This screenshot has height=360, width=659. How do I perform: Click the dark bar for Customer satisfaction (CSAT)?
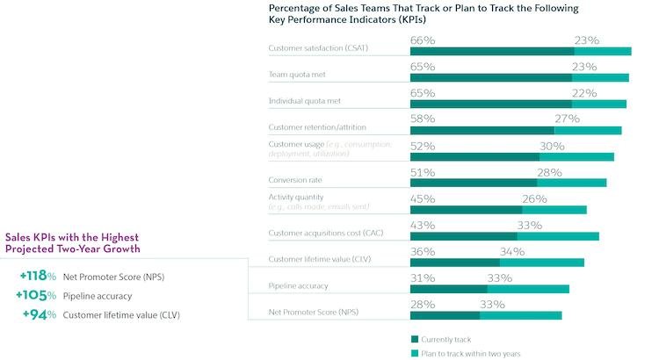tap(492, 51)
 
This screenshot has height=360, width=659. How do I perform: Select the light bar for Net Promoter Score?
tap(520, 315)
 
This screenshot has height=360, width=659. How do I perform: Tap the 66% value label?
tap(423, 40)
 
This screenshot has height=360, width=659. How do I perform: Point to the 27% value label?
tap(567, 118)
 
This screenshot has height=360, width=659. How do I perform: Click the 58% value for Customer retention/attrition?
tap(423, 118)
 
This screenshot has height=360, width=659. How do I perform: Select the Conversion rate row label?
tap(294, 179)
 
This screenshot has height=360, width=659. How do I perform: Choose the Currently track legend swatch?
tap(415, 338)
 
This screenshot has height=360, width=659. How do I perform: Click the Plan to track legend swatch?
tap(415, 353)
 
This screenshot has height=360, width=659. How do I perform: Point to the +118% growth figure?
tap(38, 277)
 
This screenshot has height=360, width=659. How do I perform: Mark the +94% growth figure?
tap(40, 314)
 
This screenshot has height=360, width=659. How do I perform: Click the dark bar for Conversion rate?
tap(474, 183)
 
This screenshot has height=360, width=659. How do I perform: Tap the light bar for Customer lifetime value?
tap(542, 262)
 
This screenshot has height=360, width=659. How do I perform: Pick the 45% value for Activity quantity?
tap(423, 198)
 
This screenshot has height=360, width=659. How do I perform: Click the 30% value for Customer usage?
tap(552, 146)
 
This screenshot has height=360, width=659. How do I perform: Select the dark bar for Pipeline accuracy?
tap(449, 289)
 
